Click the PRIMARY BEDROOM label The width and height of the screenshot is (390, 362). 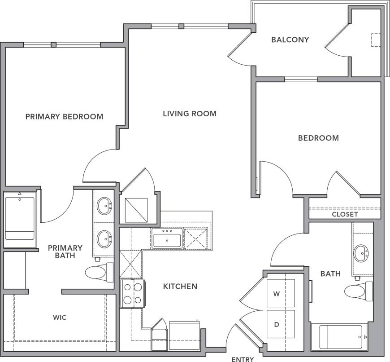[x=64, y=116]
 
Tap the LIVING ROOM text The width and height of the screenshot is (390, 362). [x=189, y=114]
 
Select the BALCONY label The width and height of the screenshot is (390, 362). [x=290, y=40]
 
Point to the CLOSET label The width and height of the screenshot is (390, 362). [x=345, y=214]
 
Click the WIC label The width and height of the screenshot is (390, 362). [x=60, y=318]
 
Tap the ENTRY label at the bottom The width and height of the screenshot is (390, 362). [x=243, y=359]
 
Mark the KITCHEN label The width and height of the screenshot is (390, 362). [x=180, y=286]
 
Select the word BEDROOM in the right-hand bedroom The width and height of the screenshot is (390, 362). [x=318, y=138]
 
